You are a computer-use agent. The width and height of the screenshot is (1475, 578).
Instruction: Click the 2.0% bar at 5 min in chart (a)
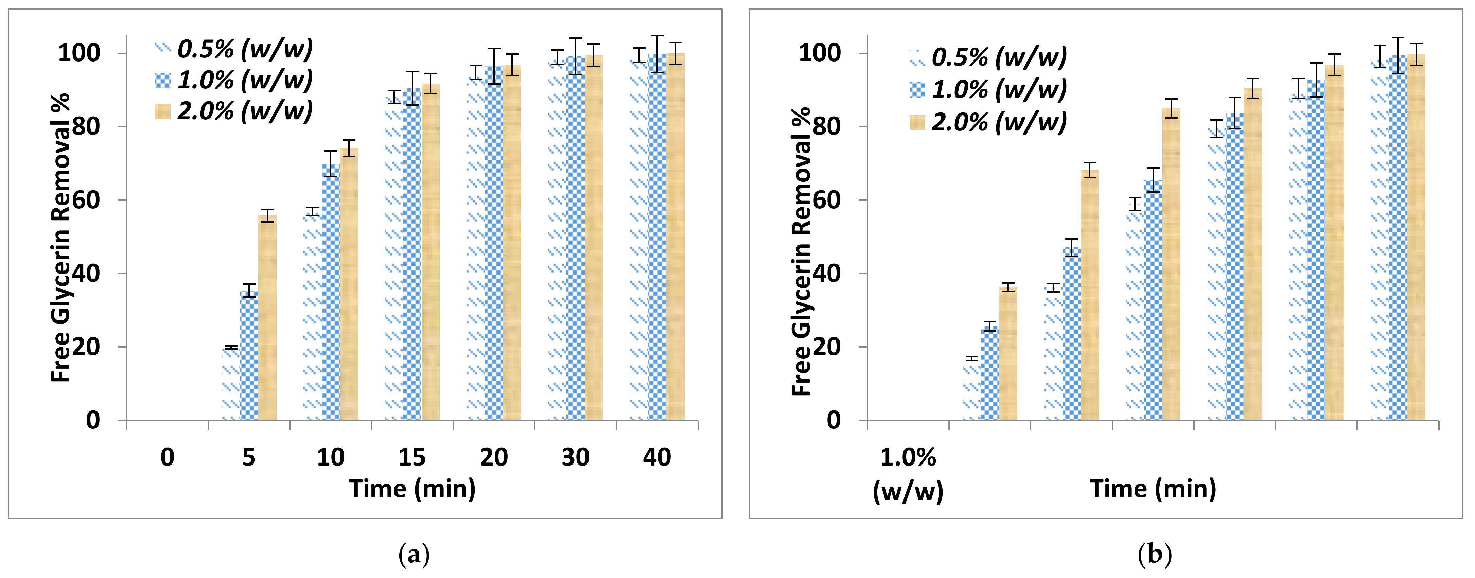coord(267,318)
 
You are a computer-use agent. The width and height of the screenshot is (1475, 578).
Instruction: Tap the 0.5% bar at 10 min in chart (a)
coord(313,317)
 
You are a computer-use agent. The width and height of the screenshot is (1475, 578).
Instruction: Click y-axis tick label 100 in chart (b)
coord(820,53)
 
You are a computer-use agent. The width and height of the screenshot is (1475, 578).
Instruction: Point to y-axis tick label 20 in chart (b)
coord(827,347)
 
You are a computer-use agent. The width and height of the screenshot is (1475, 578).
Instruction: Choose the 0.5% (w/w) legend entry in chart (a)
coord(234,49)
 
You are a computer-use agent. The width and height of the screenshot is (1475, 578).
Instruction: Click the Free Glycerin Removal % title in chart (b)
coord(801,252)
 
